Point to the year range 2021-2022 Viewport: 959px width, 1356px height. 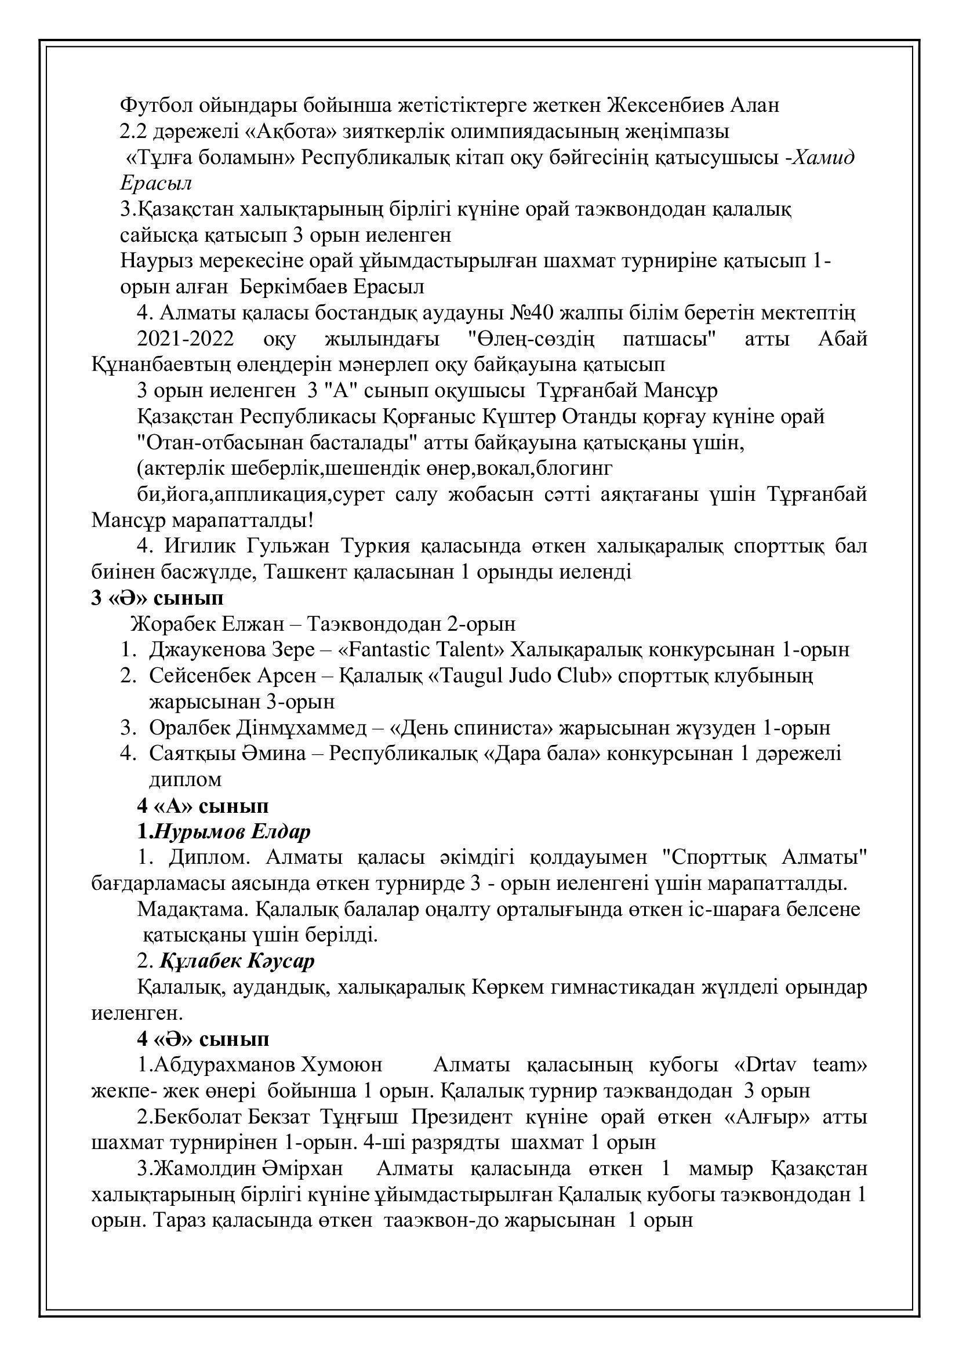pyautogui.click(x=186, y=339)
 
